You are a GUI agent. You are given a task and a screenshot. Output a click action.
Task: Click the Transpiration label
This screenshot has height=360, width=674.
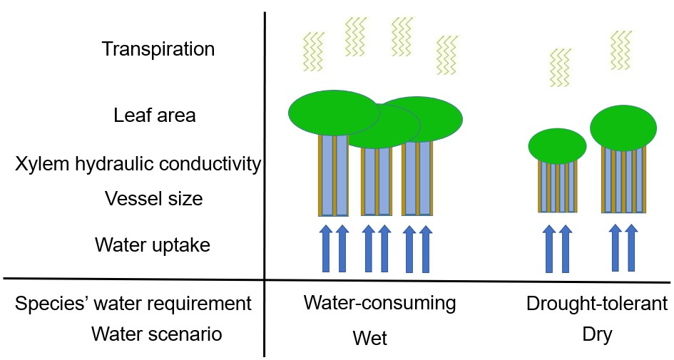point(158,50)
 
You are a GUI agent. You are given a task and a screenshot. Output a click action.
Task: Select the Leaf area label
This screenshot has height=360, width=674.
point(154,115)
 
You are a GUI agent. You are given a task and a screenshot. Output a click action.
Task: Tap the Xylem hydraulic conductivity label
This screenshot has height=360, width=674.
point(138,165)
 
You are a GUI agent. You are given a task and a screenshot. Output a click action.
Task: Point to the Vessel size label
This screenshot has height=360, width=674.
point(153,198)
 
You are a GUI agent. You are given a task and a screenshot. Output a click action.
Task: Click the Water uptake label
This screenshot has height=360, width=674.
point(153,245)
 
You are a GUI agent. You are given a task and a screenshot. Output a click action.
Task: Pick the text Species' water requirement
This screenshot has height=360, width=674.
point(133,304)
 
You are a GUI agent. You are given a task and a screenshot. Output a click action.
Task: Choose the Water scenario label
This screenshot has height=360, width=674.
point(156,334)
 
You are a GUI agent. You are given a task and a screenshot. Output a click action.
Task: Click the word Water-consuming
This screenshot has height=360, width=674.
point(379,303)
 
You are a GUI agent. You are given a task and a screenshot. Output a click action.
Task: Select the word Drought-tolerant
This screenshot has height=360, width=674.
point(597,304)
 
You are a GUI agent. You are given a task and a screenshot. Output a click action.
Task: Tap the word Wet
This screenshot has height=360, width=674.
point(370,337)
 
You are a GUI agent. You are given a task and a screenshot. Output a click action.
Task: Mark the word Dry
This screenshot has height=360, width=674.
point(597,334)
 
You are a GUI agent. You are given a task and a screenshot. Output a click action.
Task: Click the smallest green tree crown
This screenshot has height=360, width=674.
point(557,145)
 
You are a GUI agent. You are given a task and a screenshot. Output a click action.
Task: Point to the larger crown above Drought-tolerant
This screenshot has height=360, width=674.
point(623,128)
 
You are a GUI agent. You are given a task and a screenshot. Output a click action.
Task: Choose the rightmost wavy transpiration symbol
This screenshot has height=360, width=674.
point(622,50)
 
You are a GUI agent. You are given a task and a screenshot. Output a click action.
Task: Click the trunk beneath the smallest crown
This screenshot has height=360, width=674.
point(557,187)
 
